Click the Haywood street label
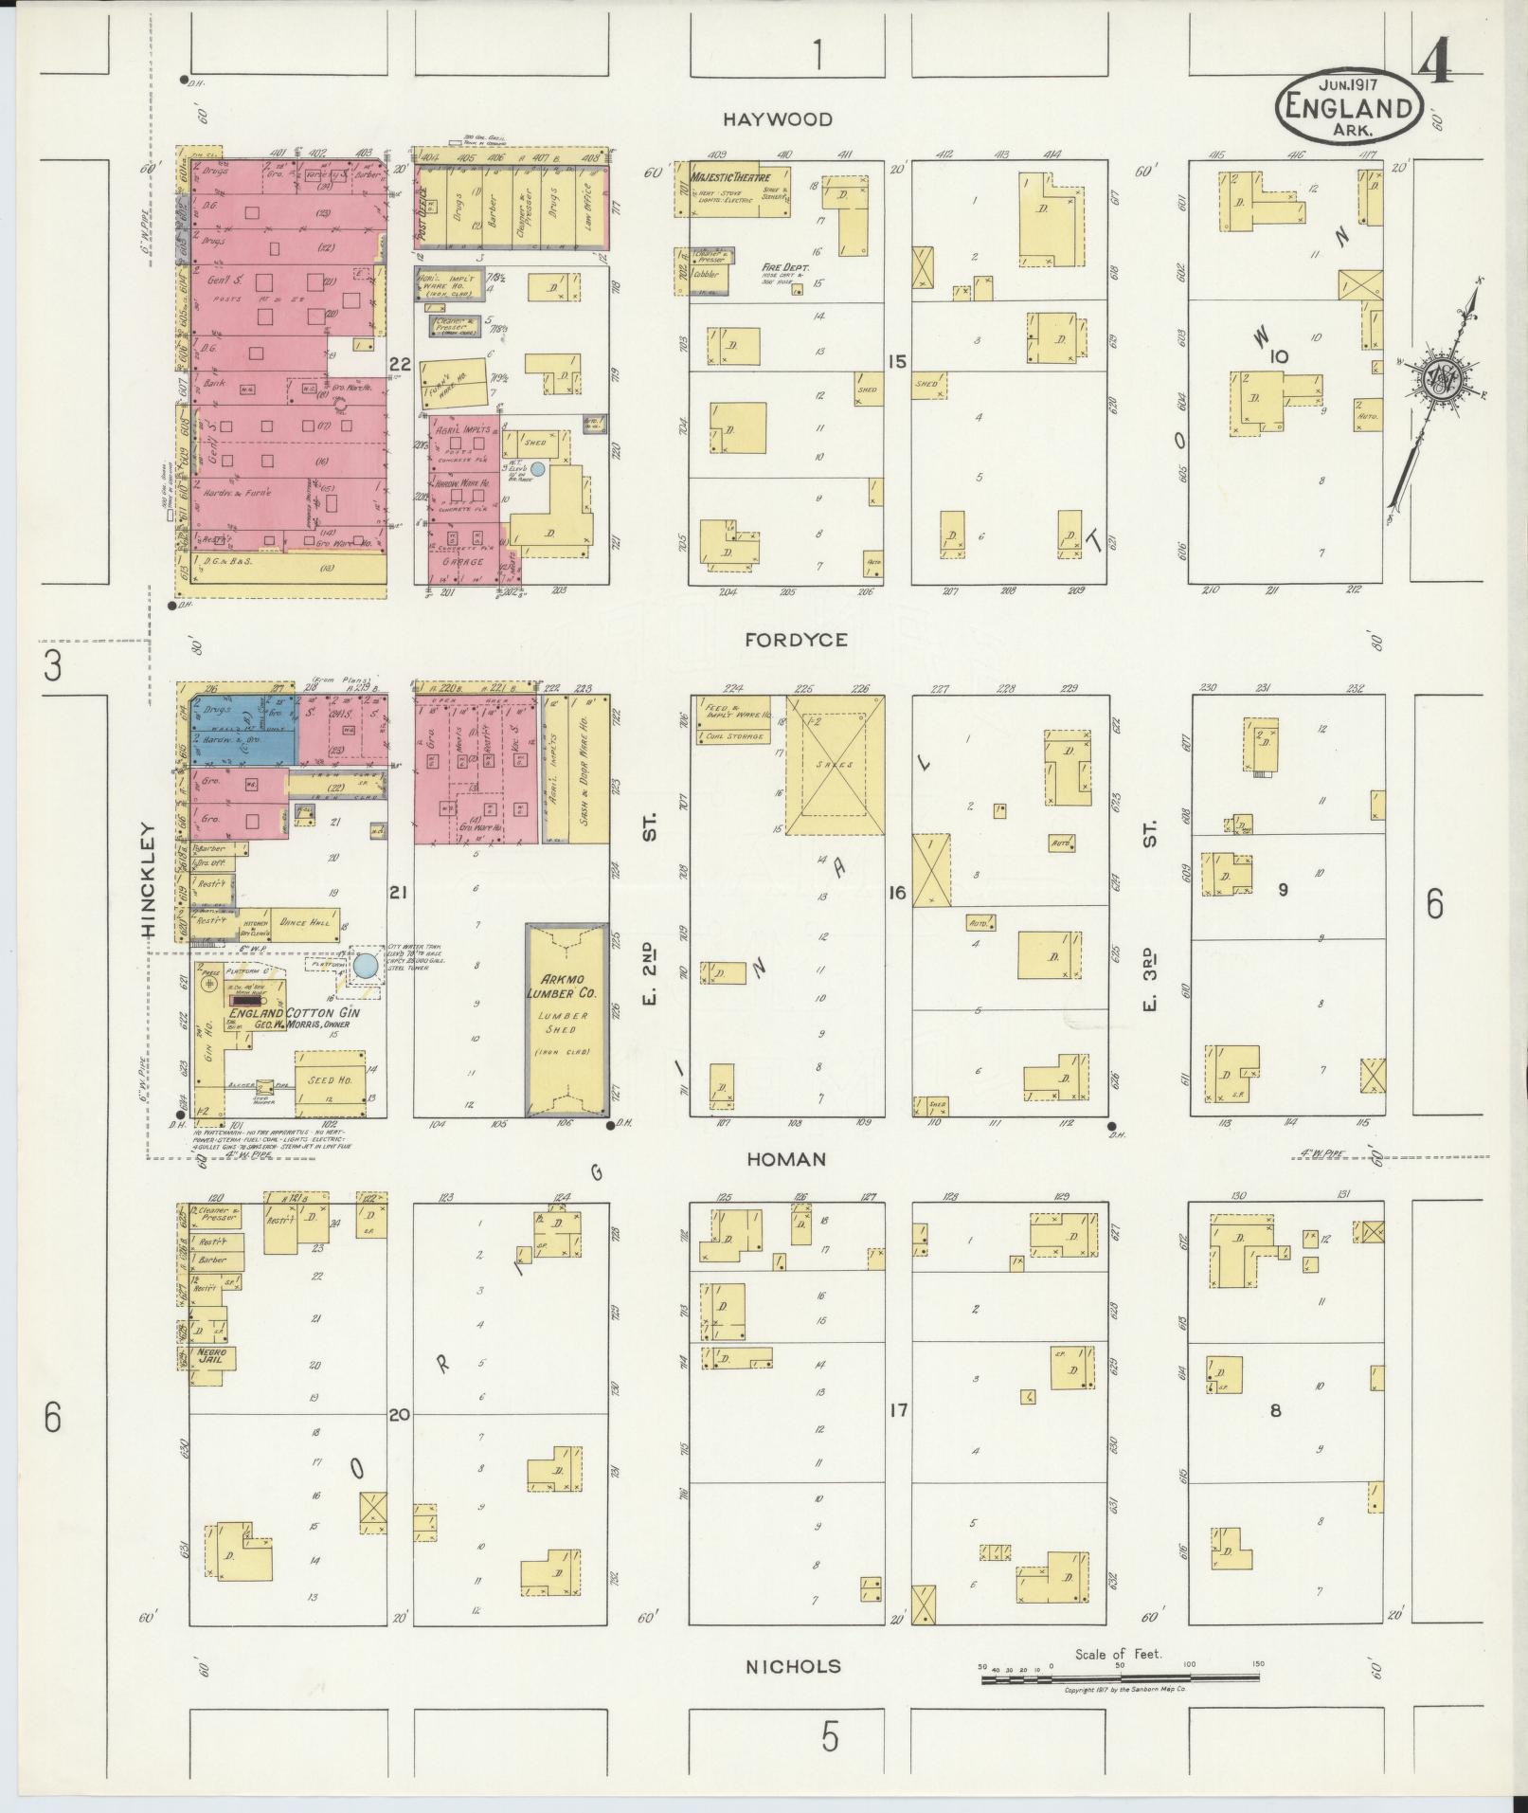coord(778,119)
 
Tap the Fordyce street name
coord(796,640)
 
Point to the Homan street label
coord(785,1159)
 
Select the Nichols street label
coord(793,1694)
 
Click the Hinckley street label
coord(149,879)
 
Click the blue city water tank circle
coord(364,968)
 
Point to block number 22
coord(400,363)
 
